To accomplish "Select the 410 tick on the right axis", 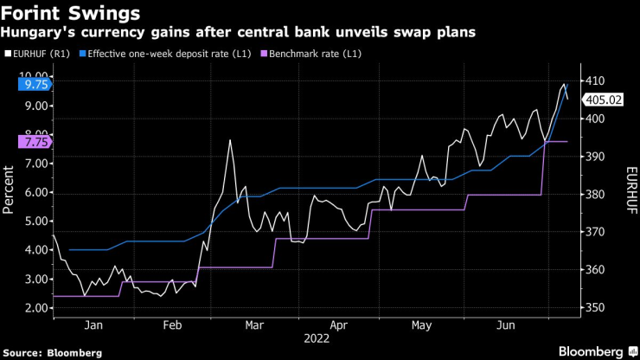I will click(594, 80).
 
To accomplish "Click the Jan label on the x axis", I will click(95, 325).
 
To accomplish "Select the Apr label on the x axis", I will click(340, 325).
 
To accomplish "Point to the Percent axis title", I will click(10, 191).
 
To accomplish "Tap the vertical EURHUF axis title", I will click(630, 191).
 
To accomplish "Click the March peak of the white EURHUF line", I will click(230, 140).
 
